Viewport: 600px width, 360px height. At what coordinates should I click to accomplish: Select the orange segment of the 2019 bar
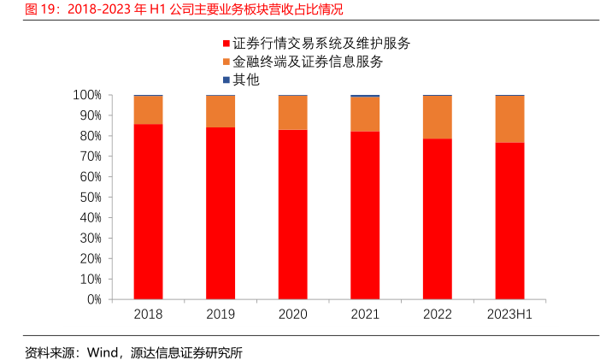pos(221,111)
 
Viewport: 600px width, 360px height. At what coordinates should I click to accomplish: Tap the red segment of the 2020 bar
pos(293,214)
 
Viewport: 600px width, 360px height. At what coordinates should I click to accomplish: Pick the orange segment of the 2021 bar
pos(365,115)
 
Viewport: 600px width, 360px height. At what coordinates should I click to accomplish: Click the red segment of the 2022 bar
pos(438,219)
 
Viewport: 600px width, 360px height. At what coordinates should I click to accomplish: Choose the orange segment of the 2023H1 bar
pos(510,119)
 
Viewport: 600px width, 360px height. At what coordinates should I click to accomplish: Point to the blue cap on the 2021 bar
pos(365,96)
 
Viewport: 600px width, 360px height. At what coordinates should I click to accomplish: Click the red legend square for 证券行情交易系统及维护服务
pos(226,43)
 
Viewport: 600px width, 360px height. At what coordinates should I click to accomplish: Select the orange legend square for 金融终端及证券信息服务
pos(226,62)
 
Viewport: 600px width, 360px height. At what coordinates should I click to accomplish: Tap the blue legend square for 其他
pos(226,80)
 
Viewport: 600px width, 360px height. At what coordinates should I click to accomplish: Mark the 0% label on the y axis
pos(94,300)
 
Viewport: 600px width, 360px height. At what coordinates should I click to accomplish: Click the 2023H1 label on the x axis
pos(509,315)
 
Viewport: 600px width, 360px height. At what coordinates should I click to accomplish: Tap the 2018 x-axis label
pos(148,315)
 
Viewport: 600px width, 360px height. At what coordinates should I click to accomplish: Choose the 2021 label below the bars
pos(365,315)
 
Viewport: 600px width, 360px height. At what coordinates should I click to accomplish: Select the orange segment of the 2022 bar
pos(438,117)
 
